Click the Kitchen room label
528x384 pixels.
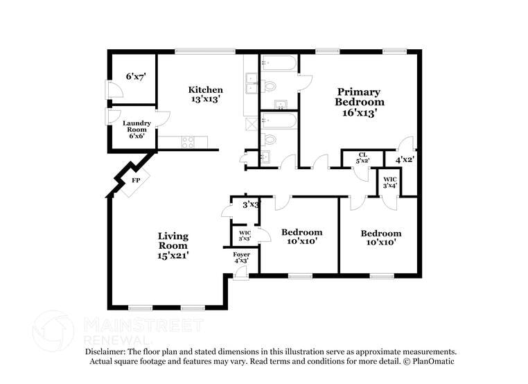[x=206, y=90]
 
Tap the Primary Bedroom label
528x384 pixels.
[x=358, y=96]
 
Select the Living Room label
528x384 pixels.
[x=173, y=241]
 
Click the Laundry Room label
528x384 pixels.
[x=137, y=129]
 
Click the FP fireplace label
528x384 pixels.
[x=137, y=180]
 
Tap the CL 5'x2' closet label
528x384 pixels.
[x=362, y=157]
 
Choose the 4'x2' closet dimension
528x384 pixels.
[x=405, y=159]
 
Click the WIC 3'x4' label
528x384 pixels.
[x=389, y=182]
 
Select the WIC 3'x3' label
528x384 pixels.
[x=244, y=236]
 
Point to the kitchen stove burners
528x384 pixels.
[x=188, y=142]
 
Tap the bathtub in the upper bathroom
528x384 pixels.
[x=279, y=65]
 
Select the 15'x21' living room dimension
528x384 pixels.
[x=173, y=255]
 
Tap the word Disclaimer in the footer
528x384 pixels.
[x=107, y=351]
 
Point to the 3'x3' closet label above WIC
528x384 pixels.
[x=250, y=204]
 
